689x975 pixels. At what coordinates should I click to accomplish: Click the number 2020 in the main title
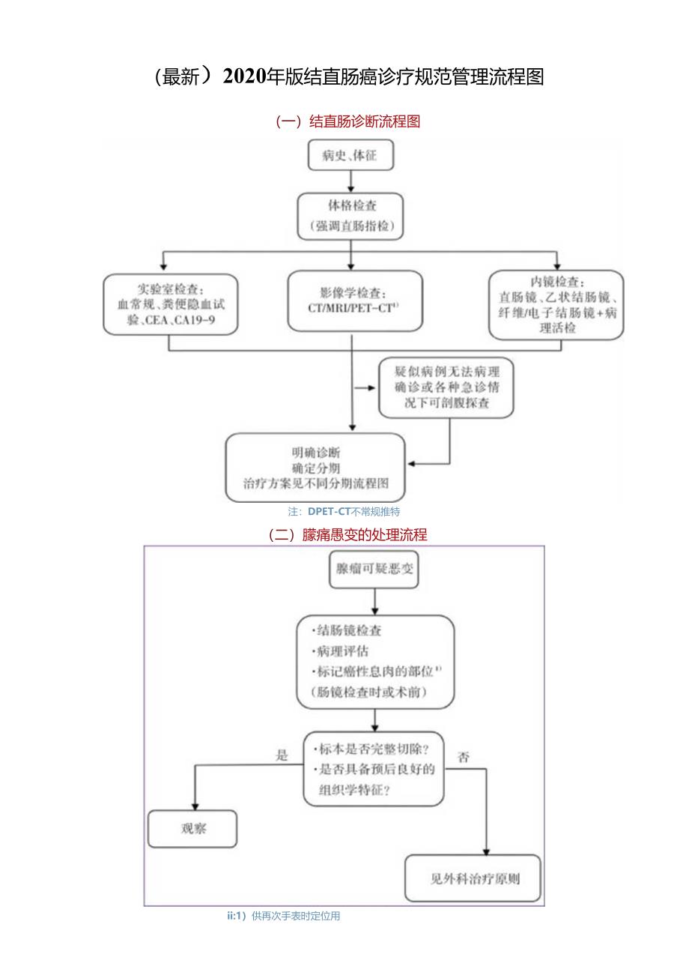(245, 77)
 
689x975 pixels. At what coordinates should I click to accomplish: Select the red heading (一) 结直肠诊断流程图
(348, 121)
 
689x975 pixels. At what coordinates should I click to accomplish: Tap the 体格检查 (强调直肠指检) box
(350, 215)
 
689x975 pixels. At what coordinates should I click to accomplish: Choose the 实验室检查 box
(170, 304)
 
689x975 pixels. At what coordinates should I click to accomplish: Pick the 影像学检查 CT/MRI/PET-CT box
(354, 301)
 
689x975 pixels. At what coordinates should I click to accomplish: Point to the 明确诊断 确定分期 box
(316, 467)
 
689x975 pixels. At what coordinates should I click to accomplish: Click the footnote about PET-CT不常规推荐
(344, 512)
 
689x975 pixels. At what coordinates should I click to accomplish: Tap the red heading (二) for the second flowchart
(347, 534)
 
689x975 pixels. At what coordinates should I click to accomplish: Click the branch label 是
(282, 755)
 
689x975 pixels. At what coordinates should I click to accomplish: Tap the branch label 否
(464, 757)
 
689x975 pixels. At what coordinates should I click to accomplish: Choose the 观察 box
(192, 829)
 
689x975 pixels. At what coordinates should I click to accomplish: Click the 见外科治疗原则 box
(473, 878)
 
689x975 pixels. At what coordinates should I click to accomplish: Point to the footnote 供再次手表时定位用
(284, 916)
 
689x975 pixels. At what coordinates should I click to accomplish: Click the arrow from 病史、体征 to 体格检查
(350, 181)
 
